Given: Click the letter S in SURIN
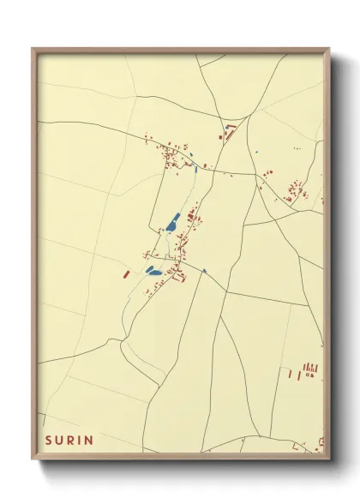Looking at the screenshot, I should (x=49, y=440).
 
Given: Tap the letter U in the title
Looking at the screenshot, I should (x=60, y=440).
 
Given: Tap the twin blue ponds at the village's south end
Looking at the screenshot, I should (x=153, y=271).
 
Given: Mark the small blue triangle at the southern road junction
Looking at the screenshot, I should (x=204, y=271).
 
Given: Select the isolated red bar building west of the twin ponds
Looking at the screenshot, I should (x=126, y=274).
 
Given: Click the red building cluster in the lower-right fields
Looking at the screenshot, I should (x=309, y=370).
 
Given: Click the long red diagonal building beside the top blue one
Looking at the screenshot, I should (x=230, y=130).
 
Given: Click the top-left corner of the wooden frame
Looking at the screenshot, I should (x=33, y=49).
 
